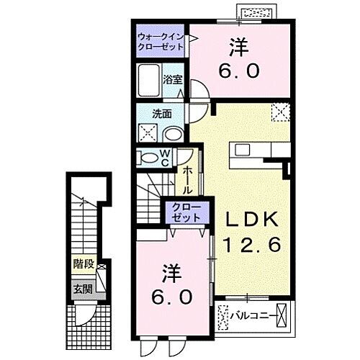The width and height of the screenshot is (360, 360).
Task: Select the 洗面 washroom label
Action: [161, 113]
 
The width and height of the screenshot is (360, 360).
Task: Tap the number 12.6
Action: [251, 245]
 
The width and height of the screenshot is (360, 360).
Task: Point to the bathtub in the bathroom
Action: [150, 80]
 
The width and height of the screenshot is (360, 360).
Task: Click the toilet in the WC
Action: [147, 158]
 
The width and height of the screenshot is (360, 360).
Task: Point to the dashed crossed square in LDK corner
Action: [279, 112]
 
